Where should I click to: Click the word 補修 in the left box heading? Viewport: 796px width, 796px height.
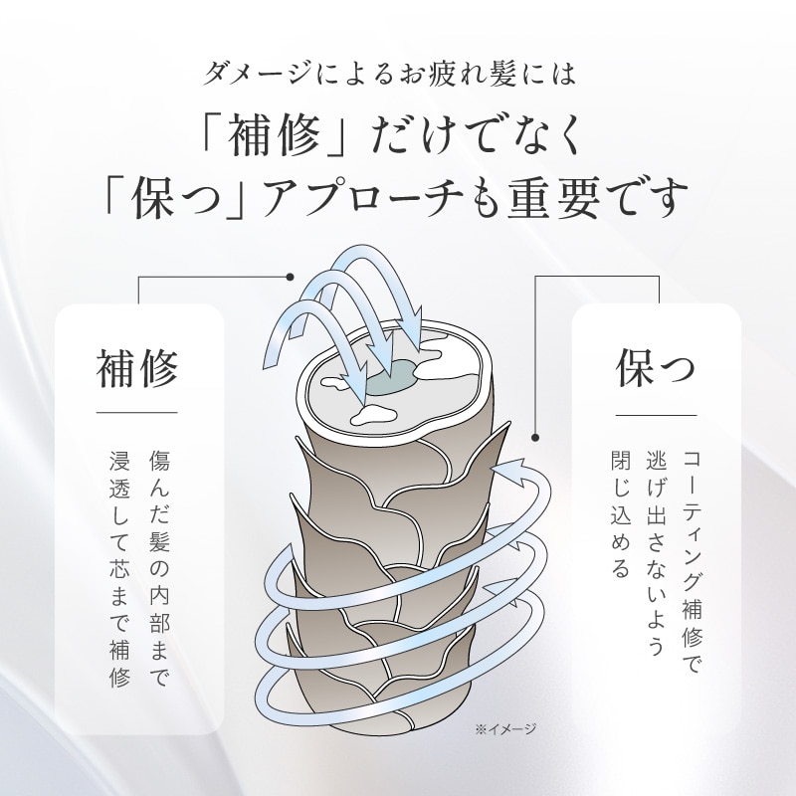(137, 368)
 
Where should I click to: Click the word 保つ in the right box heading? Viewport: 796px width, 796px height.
(656, 368)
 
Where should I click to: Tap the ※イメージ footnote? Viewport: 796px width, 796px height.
(504, 729)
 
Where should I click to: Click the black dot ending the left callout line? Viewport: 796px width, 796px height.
(290, 276)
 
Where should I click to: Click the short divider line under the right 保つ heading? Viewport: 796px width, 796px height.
(656, 415)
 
